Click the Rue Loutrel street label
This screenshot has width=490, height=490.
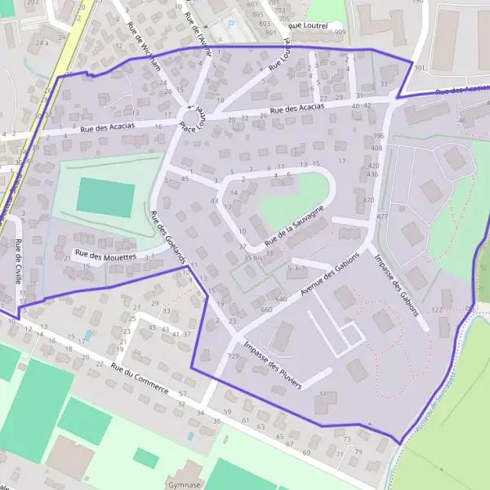(308, 25)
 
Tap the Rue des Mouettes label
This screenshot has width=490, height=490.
(105, 256)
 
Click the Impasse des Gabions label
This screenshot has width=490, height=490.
(396, 284)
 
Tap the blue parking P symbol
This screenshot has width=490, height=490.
(230, 24)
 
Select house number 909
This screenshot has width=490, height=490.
(340, 33)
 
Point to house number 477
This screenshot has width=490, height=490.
(381, 216)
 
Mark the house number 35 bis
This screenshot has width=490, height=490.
(254, 257)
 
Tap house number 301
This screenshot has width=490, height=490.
(420, 69)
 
